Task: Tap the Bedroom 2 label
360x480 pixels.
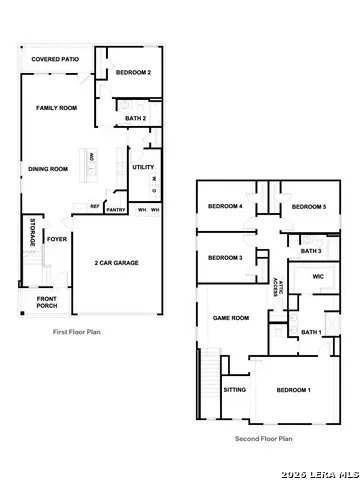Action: click(x=133, y=73)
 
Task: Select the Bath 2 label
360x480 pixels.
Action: click(x=136, y=118)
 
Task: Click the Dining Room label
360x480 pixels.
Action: click(x=47, y=169)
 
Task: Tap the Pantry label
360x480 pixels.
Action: click(x=116, y=210)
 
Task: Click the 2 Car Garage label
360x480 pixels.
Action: click(x=117, y=263)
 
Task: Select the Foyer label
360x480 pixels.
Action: click(x=57, y=240)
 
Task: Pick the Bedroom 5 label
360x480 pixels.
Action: click(x=309, y=206)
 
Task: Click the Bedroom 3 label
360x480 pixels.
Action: click(x=225, y=258)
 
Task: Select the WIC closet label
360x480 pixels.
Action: click(x=318, y=277)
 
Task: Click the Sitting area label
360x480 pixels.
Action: click(x=235, y=390)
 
